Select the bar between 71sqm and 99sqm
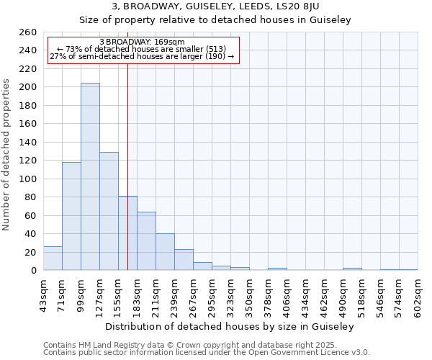tap(71, 216)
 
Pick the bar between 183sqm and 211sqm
tap(146, 241)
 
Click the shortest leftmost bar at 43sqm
tap(53, 258)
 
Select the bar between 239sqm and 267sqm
tap(184, 260)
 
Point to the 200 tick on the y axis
tap(28, 87)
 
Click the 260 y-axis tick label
tap(28, 32)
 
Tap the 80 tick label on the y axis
tap(31, 197)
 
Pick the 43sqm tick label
tap(43, 293)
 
